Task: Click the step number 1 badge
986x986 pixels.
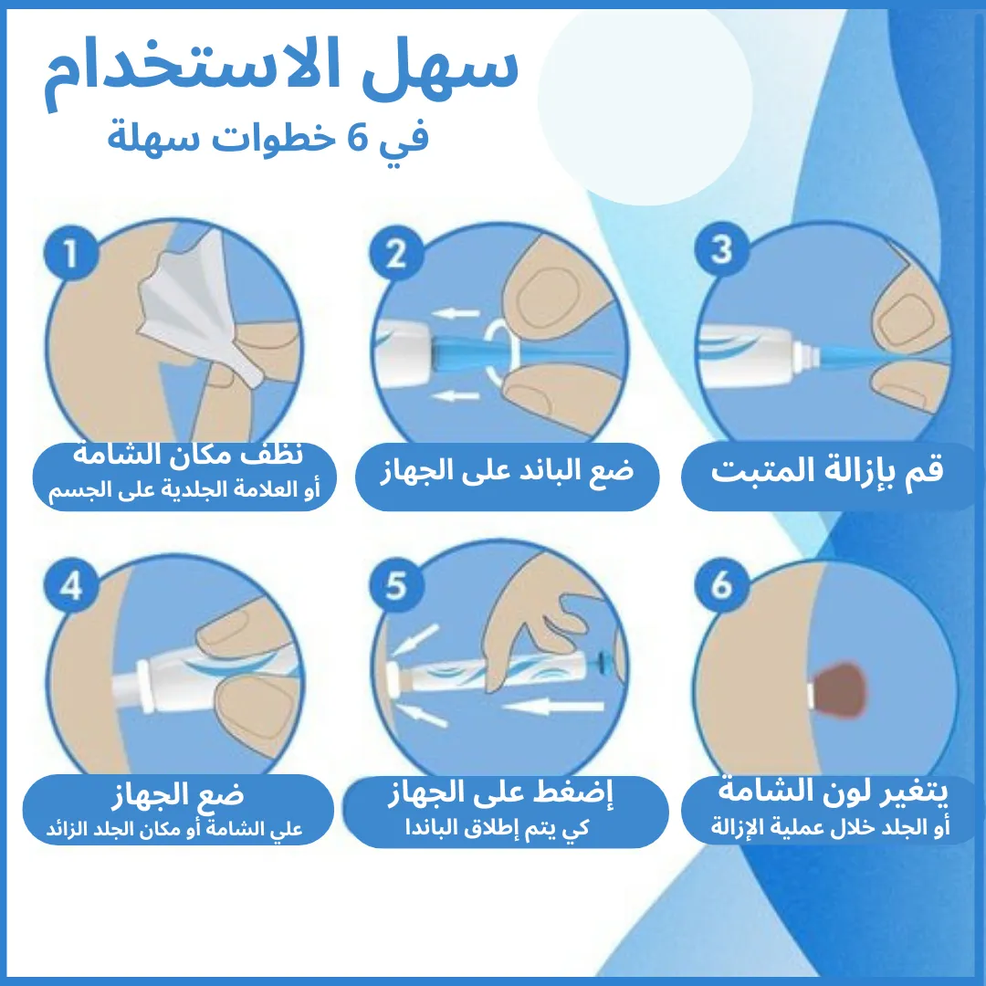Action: (71, 254)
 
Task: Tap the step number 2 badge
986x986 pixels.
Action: (396, 254)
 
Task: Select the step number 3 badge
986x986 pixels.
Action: (722, 249)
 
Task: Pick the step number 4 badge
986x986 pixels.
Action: (71, 585)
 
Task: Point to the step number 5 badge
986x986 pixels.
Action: (396, 585)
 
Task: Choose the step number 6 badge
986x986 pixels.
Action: (722, 584)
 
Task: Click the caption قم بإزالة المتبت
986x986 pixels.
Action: (827, 471)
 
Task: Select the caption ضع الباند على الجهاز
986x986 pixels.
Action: (507, 471)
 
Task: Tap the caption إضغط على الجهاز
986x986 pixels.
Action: (499, 793)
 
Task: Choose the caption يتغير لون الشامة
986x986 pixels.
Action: (833, 791)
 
